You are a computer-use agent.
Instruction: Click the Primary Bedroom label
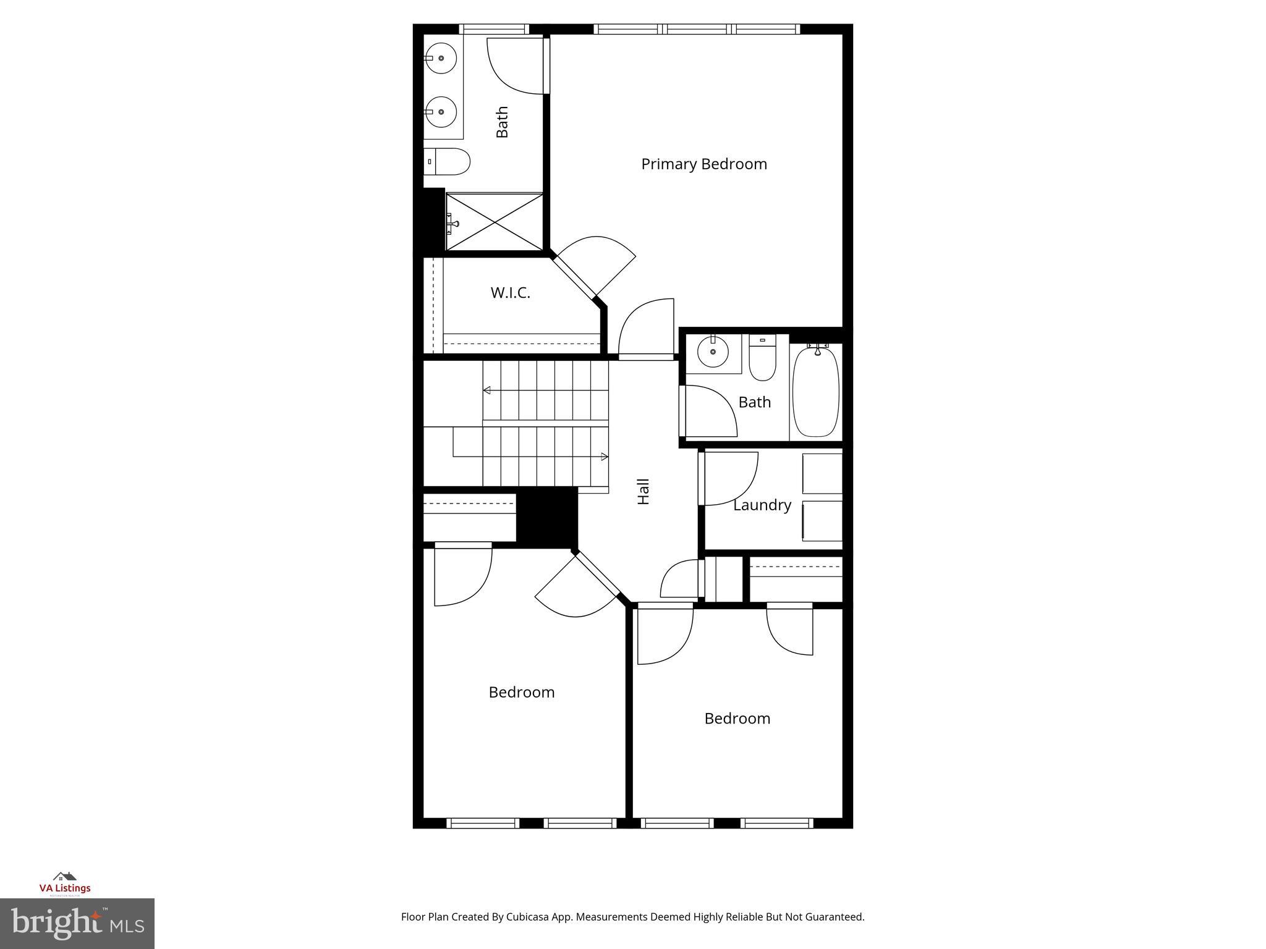(x=703, y=164)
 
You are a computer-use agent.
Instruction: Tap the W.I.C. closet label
(x=510, y=293)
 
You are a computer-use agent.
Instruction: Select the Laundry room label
(x=762, y=505)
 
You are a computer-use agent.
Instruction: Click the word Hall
(x=644, y=491)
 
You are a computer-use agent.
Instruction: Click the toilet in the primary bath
(x=447, y=161)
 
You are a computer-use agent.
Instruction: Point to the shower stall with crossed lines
(x=495, y=222)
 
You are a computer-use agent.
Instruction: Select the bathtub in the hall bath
(x=816, y=392)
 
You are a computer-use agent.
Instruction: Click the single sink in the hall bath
(x=713, y=352)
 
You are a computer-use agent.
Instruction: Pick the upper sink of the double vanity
(x=441, y=59)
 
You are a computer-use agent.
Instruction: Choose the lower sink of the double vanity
(x=441, y=112)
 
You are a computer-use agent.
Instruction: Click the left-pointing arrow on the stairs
(x=486, y=390)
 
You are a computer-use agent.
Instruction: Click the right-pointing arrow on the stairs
(x=605, y=457)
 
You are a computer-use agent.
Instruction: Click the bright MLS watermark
(x=77, y=923)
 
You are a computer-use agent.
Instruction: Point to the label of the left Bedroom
(x=521, y=693)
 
